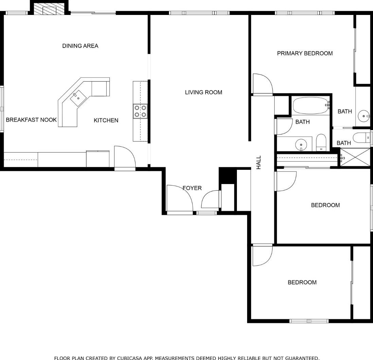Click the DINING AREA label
[80, 46]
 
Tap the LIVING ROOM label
[203, 92]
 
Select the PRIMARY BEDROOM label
[305, 53]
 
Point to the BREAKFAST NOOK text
[31, 120]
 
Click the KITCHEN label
[106, 121]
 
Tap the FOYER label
[192, 188]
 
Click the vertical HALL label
[259, 162]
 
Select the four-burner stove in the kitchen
[140, 111]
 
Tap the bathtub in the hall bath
[311, 105]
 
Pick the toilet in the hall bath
[321, 142]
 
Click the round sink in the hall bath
[301, 145]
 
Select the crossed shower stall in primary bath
[355, 157]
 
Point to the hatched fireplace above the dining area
[49, 10]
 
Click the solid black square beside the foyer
[227, 175]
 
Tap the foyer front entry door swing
[180, 198]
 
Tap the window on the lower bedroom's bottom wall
[309, 321]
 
